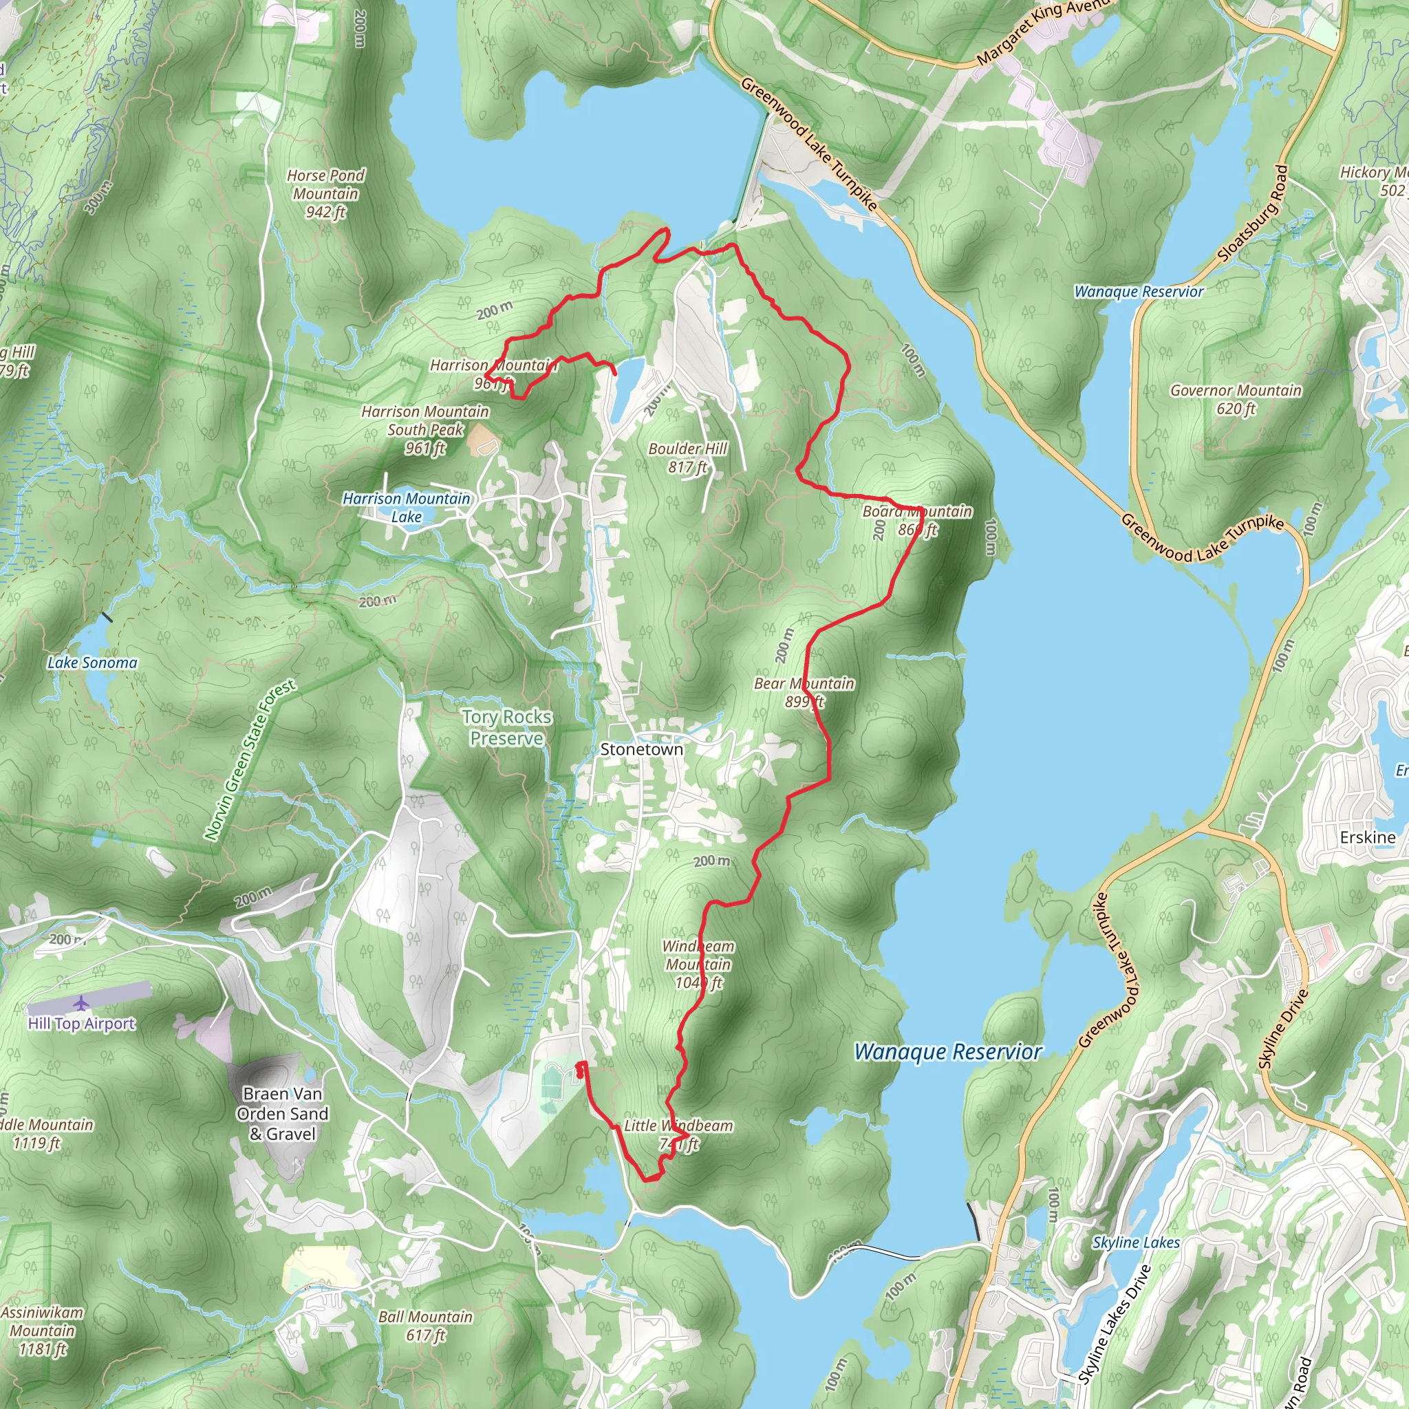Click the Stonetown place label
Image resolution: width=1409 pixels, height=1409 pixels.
(641, 749)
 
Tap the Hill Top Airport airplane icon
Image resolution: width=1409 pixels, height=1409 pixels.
(81, 1004)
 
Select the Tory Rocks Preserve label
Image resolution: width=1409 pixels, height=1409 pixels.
(506, 727)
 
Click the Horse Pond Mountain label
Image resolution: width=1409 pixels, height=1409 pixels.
(325, 193)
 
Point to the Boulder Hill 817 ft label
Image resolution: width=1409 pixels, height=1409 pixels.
(687, 458)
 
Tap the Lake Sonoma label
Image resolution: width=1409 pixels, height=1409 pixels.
(92, 663)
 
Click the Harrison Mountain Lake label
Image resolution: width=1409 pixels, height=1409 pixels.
(406, 507)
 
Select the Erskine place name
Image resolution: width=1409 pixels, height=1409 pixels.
(1368, 837)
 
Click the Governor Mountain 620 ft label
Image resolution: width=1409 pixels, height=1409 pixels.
(1236, 399)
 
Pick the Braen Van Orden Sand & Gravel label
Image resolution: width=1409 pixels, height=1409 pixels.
(282, 1114)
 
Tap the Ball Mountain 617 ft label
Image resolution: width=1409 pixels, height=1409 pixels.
(425, 1326)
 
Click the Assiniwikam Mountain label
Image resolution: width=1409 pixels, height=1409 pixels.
(42, 1331)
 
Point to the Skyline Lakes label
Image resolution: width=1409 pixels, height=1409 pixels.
(1135, 1242)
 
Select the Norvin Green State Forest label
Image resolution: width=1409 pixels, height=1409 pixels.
(250, 760)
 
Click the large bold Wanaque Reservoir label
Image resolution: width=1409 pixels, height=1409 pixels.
(947, 1051)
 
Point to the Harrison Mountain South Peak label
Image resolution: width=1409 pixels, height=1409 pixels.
(425, 429)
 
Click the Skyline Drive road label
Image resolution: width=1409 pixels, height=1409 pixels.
(1284, 1029)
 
